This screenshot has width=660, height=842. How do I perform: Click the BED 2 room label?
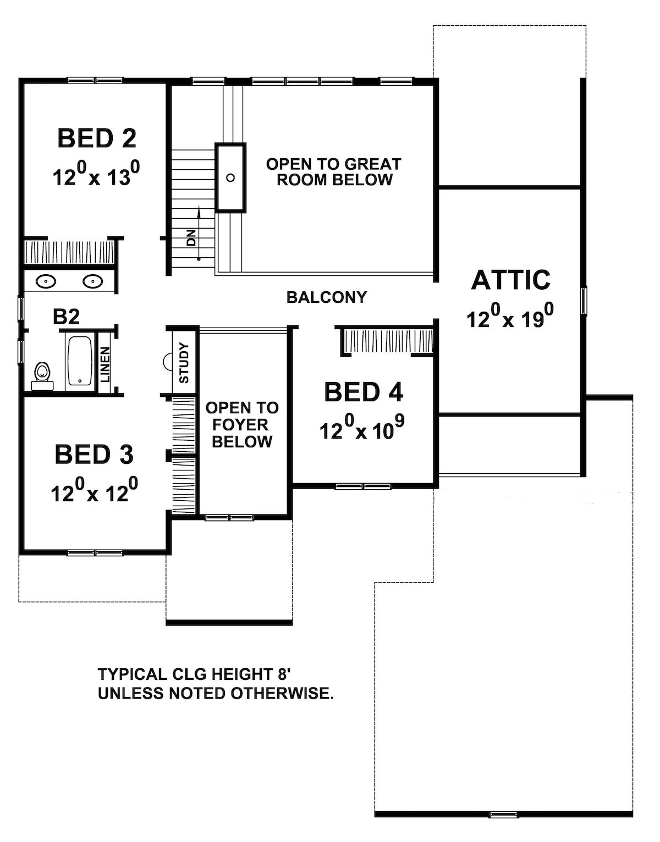tap(97, 139)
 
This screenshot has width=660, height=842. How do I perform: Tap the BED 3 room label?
tap(94, 455)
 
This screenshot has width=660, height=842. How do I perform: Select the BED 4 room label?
tap(364, 392)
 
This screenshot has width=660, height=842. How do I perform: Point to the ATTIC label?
tap(510, 280)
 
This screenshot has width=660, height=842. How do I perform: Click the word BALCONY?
tap(326, 297)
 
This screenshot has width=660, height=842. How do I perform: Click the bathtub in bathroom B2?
tap(80, 361)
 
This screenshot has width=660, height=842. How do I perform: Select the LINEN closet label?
tap(105, 364)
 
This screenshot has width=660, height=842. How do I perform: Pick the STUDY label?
tap(184, 363)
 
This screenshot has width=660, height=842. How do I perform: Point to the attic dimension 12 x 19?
tap(510, 318)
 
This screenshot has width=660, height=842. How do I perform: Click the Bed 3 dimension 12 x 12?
tap(94, 492)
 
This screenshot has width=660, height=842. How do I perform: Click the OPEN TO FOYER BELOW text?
tap(242, 425)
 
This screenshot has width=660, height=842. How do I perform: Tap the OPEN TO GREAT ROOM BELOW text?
tap(334, 172)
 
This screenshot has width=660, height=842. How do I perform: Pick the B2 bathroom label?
tap(67, 317)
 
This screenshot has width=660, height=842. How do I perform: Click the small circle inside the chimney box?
tap(230, 178)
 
